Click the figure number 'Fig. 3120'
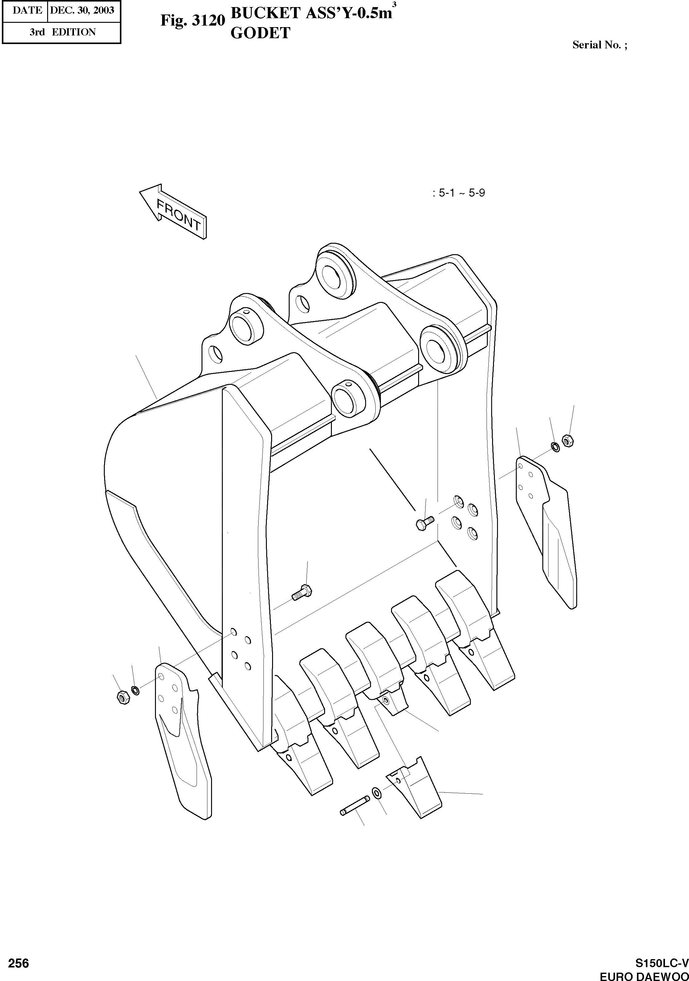[192, 21]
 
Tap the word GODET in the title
[260, 33]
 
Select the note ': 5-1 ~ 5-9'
[459, 193]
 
